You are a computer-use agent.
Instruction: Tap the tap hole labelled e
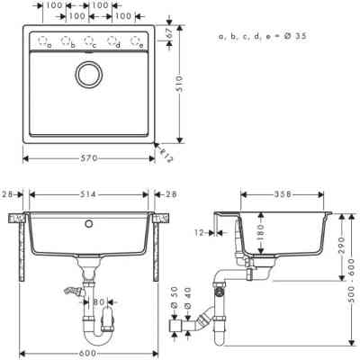click(136, 40)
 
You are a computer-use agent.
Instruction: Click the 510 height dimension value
click(180, 83)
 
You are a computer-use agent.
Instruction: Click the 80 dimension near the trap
click(103, 302)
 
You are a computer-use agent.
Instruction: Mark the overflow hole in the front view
click(89, 220)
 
